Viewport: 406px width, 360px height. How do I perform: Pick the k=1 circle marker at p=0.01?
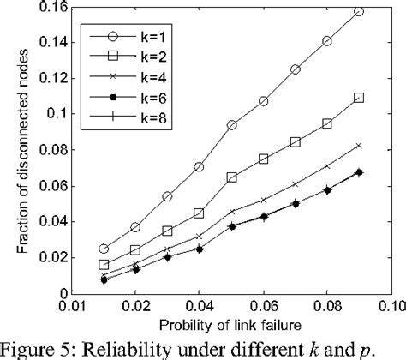click(x=104, y=249)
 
